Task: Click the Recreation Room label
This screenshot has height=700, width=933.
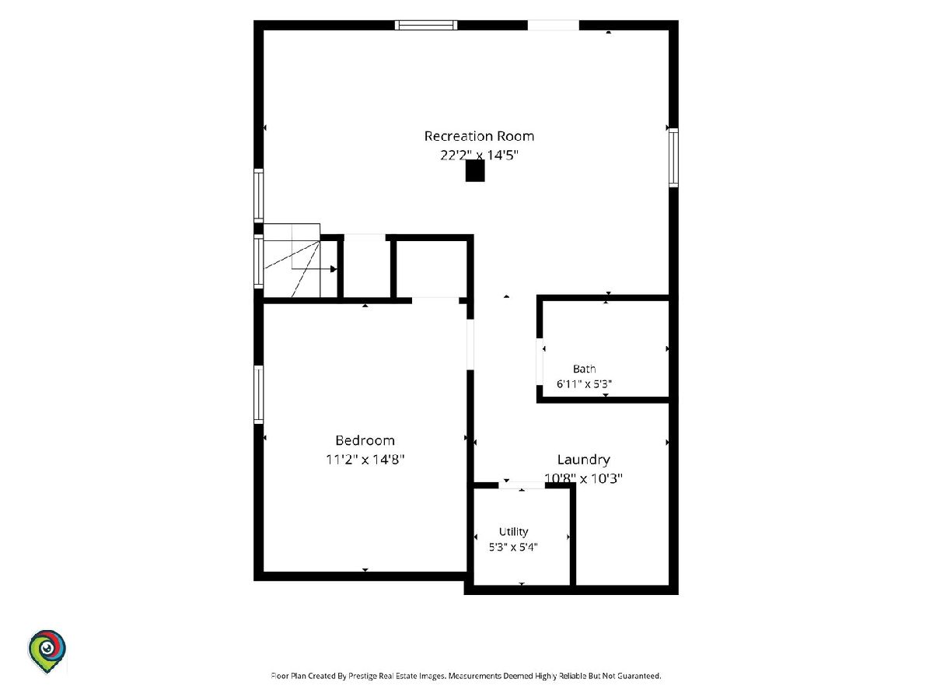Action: click(x=479, y=136)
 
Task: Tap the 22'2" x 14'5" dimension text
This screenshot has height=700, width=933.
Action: click(x=479, y=155)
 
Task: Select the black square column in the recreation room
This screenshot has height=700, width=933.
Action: click(x=475, y=170)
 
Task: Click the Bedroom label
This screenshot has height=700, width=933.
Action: click(x=365, y=440)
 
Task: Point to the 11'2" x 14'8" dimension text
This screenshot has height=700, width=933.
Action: click(x=365, y=460)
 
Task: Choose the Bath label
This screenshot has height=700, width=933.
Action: click(x=584, y=369)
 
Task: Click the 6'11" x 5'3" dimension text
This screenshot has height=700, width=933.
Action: click(x=584, y=384)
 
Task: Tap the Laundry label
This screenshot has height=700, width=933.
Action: click(x=584, y=460)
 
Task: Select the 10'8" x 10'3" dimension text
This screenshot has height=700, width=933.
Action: click(x=583, y=478)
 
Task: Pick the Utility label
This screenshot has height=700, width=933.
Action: click(x=513, y=532)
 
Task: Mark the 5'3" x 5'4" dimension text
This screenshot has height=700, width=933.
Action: click(x=513, y=547)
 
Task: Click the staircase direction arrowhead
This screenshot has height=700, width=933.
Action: click(x=334, y=269)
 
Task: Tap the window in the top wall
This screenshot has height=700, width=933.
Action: click(x=426, y=25)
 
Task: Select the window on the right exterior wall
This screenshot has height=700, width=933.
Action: click(x=673, y=157)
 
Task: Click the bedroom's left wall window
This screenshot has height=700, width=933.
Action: click(x=258, y=394)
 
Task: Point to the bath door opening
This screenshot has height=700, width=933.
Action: click(x=540, y=362)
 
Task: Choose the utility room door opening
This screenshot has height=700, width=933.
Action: click(x=522, y=485)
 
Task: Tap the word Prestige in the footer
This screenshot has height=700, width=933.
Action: click(x=362, y=676)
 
